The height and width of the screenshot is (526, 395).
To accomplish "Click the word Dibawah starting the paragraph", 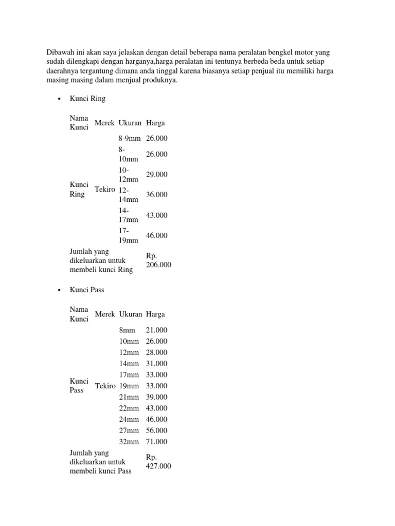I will [x=61, y=52].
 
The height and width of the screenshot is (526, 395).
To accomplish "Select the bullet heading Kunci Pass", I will [x=87, y=290].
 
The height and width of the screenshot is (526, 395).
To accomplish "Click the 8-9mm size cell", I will [x=129, y=138].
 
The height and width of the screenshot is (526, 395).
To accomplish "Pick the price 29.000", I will [x=157, y=175].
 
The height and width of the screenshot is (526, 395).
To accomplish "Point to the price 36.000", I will [x=157, y=195].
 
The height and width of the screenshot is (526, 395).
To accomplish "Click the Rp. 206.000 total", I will [x=158, y=260].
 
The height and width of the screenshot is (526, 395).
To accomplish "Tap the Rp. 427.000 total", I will [x=158, y=461].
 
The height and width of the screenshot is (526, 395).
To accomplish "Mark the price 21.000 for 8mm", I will [x=157, y=330].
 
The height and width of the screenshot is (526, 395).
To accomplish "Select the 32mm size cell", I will [x=129, y=442].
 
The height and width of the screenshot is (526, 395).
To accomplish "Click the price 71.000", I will [x=157, y=442].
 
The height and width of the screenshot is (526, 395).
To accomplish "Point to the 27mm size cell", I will [x=129, y=430].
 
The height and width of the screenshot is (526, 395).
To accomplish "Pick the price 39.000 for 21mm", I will [x=157, y=397].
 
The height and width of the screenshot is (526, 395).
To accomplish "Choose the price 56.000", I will [x=157, y=430].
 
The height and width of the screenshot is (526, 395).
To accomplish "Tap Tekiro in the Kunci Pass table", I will [x=105, y=386].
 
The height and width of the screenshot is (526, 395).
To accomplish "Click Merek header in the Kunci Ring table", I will [x=104, y=123].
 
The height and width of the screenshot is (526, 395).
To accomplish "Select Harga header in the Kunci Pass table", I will [x=155, y=314].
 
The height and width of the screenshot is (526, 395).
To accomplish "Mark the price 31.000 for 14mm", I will [x=157, y=364].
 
